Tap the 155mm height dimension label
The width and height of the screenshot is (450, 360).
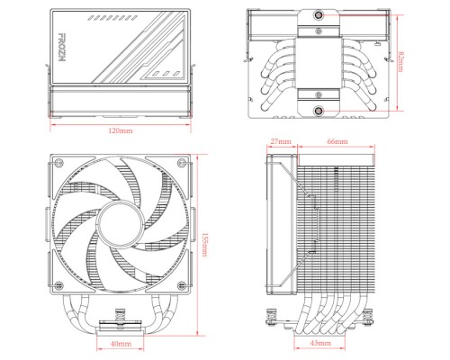pos(207,243)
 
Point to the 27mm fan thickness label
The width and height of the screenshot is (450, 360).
pos(280,142)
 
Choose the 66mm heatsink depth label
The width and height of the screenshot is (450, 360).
pos(337,142)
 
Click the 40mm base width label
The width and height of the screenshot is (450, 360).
pos(120,344)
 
